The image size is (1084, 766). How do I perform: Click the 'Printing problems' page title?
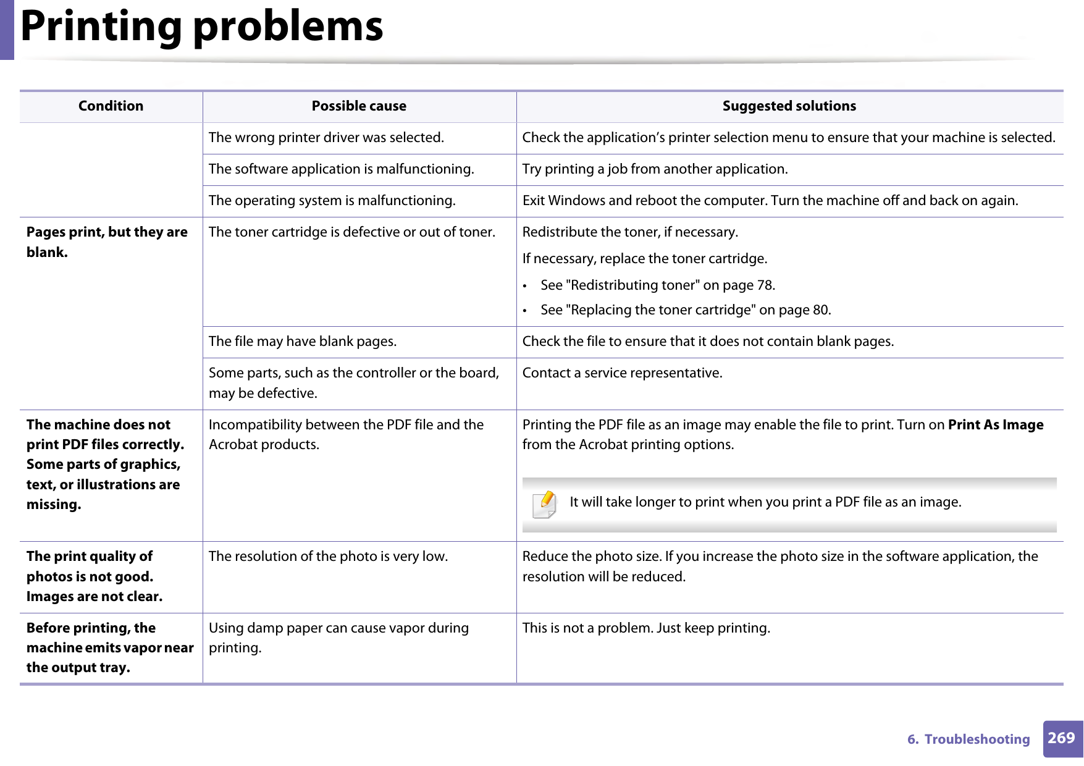click(201, 27)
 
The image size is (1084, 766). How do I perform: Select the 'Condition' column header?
click(111, 106)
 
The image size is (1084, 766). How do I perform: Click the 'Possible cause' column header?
click(358, 106)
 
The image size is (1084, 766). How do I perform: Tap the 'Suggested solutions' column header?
click(789, 106)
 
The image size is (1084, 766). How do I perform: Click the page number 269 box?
click(1062, 738)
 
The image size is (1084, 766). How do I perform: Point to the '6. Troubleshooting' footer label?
click(968, 739)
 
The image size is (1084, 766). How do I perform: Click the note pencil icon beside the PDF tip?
click(545, 503)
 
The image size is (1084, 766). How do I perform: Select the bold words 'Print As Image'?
click(995, 425)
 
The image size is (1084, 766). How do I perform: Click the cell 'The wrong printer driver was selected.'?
click(326, 138)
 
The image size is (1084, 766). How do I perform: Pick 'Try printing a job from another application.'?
click(655, 169)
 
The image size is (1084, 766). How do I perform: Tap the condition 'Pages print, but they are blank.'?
click(107, 242)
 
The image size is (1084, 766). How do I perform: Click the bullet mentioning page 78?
click(657, 285)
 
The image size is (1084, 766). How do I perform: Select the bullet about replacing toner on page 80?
click(685, 310)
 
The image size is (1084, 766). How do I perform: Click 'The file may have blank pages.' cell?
click(303, 342)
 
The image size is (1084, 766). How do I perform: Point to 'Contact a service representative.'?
click(622, 373)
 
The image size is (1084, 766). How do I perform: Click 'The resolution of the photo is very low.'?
click(328, 557)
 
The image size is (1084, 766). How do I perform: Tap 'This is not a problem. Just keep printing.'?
click(646, 628)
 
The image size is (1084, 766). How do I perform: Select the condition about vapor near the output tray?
click(110, 647)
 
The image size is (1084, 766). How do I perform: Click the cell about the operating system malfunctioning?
click(332, 201)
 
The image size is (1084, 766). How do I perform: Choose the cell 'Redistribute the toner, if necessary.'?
click(630, 232)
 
